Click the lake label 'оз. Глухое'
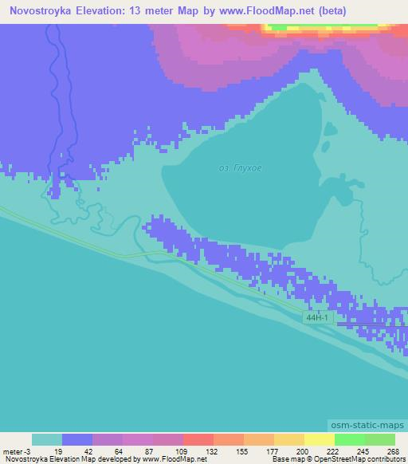click(x=240, y=169)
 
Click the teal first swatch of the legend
click(x=47, y=439)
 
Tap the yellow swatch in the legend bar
click(x=320, y=439)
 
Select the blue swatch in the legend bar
click(x=77, y=439)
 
